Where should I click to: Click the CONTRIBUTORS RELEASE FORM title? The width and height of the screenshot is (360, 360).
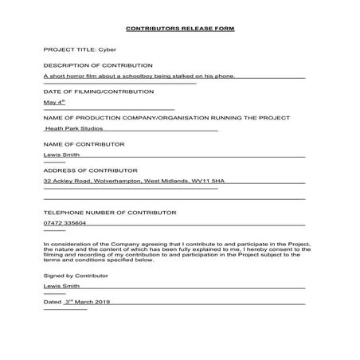pyautogui.click(x=180, y=29)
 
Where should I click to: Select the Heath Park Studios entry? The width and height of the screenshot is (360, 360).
pyautogui.click(x=74, y=128)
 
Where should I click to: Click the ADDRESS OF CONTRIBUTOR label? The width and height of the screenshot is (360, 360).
pyautogui.click(x=91, y=170)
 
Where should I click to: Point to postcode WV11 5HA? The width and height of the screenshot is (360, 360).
pyautogui.click(x=208, y=182)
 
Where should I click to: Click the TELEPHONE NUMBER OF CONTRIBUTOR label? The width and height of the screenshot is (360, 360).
pyautogui.click(x=110, y=213)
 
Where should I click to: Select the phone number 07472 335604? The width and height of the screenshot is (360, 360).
pyautogui.click(x=65, y=225)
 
